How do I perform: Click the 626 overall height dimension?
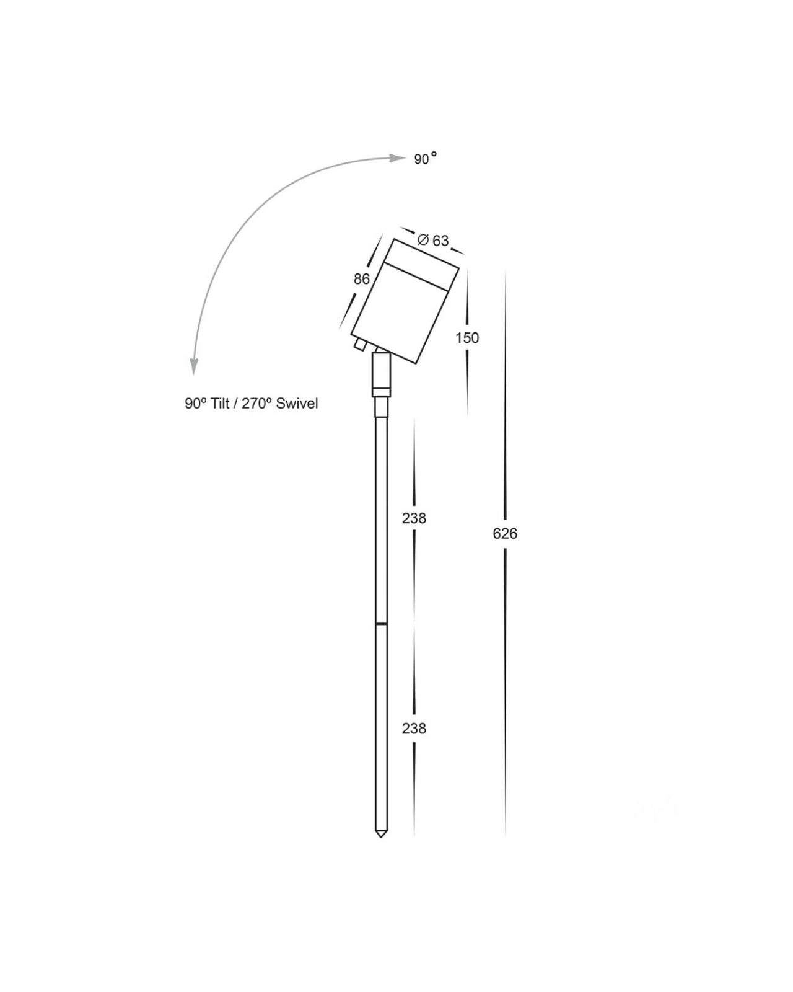505,534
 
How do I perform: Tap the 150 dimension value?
467,338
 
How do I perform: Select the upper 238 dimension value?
414,518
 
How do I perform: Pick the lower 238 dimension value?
414,728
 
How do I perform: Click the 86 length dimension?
362,279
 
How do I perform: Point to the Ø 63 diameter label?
432,240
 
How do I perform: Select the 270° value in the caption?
253,404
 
